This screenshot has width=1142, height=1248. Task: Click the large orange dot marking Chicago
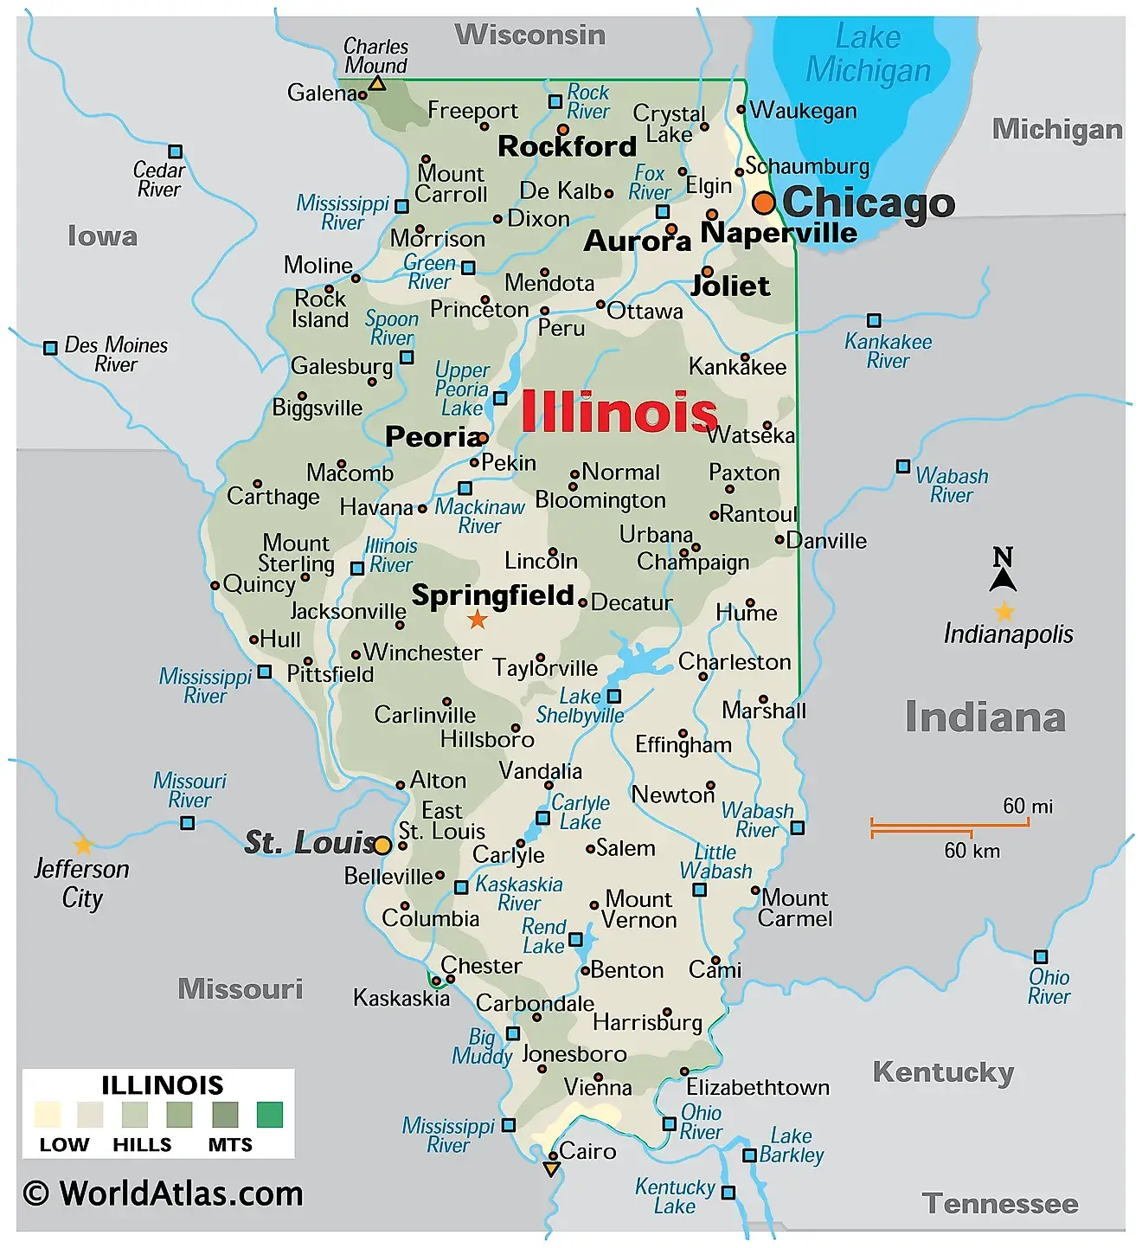(763, 203)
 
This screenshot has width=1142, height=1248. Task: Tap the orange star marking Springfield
(477, 619)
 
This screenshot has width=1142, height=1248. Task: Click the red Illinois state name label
(619, 412)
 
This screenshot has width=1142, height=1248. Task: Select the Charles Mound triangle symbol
(377, 84)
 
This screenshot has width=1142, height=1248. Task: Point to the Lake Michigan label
(868, 54)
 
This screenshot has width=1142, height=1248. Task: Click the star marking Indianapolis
(1004, 612)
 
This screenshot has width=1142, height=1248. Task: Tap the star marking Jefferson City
(83, 845)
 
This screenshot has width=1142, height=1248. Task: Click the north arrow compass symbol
(1003, 569)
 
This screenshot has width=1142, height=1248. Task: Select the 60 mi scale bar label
(1028, 807)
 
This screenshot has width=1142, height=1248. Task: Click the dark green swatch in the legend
(269, 1115)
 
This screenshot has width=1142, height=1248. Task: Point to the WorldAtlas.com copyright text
(164, 1193)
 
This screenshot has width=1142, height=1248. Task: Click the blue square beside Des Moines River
(50, 348)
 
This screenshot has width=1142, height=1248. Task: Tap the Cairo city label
(587, 1151)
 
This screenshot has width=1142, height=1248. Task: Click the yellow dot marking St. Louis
(382, 845)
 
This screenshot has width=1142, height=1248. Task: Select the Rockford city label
(567, 146)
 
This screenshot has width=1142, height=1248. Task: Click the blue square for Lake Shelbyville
(613, 696)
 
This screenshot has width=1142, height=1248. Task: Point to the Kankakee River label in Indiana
(888, 351)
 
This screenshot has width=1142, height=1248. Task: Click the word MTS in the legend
(230, 1145)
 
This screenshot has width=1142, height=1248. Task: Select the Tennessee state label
(1000, 1204)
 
